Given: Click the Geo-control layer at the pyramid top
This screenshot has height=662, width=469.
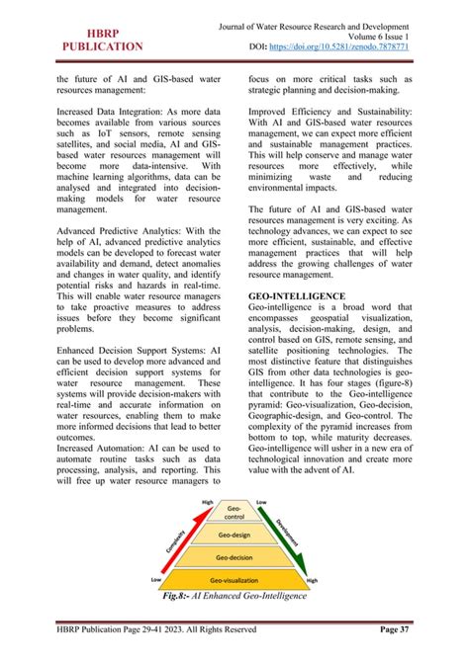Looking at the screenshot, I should click(x=234, y=512).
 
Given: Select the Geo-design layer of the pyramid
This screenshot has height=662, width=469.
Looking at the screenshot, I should click(x=234, y=535).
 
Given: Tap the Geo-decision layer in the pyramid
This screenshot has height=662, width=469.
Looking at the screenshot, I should click(x=234, y=557).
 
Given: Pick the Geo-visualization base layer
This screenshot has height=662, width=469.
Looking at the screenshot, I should click(x=234, y=580).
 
